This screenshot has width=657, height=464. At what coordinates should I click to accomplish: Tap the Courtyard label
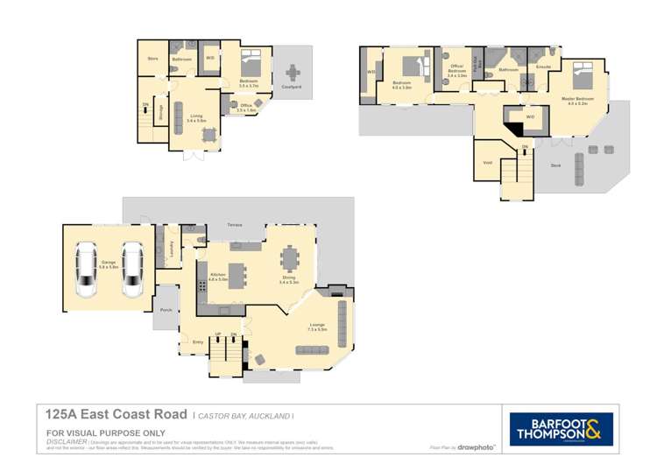coord(292,88)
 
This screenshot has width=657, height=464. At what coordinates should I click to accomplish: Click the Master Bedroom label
coord(577,99)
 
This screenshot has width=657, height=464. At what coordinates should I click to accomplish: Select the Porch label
coord(166,311)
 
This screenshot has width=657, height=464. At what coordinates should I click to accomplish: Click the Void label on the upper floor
coord(487,163)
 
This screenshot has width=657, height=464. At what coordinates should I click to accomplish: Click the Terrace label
coord(235,226)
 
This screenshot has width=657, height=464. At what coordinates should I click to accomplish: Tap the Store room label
coord(152,59)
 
